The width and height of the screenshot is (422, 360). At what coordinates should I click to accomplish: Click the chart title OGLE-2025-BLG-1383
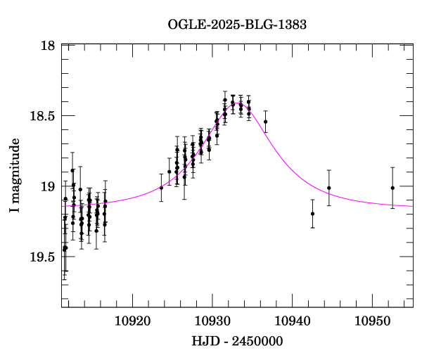point(237,25)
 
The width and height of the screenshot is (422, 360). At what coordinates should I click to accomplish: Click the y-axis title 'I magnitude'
point(15,176)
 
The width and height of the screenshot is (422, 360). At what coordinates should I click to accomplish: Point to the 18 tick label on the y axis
point(48,46)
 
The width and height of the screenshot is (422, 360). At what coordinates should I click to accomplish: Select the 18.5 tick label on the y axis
point(41,116)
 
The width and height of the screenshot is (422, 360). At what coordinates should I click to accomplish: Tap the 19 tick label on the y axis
point(48,186)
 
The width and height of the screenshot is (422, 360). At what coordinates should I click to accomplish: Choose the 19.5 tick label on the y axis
point(41,257)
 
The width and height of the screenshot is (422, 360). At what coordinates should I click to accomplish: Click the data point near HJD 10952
point(392,188)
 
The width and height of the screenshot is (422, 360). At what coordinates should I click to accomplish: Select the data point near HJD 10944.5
point(329,188)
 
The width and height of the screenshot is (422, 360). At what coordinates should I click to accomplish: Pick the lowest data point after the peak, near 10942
point(312,214)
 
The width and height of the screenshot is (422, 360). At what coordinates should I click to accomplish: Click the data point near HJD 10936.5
point(265,122)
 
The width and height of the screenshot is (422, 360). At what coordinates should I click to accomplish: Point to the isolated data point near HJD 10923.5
point(161,188)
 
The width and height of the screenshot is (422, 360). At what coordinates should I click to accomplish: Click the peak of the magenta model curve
point(237,103)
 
